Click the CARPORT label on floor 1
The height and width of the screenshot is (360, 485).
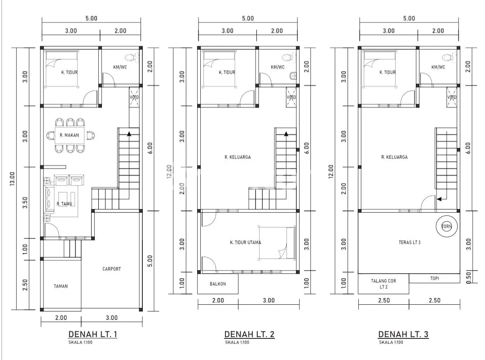pyautogui.click(x=112, y=269)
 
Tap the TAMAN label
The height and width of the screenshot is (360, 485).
pyautogui.click(x=61, y=286)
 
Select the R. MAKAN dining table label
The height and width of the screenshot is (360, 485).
pyautogui.click(x=69, y=135)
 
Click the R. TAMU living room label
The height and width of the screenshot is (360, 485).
pyautogui.click(x=64, y=204)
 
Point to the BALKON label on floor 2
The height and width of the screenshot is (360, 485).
pyautogui.click(x=218, y=284)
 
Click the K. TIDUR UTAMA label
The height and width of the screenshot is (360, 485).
pyautogui.click(x=246, y=242)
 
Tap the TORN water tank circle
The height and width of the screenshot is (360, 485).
pyautogui.click(x=446, y=226)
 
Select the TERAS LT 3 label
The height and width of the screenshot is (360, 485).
pyautogui.click(x=410, y=242)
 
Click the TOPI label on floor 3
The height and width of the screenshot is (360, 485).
pyautogui.click(x=435, y=278)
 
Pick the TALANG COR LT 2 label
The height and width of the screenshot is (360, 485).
pyautogui.click(x=384, y=284)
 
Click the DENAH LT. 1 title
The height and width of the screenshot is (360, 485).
pyautogui.click(x=93, y=334)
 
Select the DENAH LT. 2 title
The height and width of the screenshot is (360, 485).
pyautogui.click(x=249, y=334)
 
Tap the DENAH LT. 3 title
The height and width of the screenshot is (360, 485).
pyautogui.click(x=403, y=334)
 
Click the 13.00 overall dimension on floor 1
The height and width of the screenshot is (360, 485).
pyautogui.click(x=13, y=178)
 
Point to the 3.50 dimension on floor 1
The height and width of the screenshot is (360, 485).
pyautogui.click(x=25, y=202)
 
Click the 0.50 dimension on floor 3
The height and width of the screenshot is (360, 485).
pyautogui.click(x=468, y=277)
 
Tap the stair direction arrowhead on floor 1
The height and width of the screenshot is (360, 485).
pyautogui.click(x=129, y=134)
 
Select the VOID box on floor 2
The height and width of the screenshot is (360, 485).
pyautogui.click(x=291, y=97)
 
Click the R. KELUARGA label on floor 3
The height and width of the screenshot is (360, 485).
pyautogui.click(x=394, y=157)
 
